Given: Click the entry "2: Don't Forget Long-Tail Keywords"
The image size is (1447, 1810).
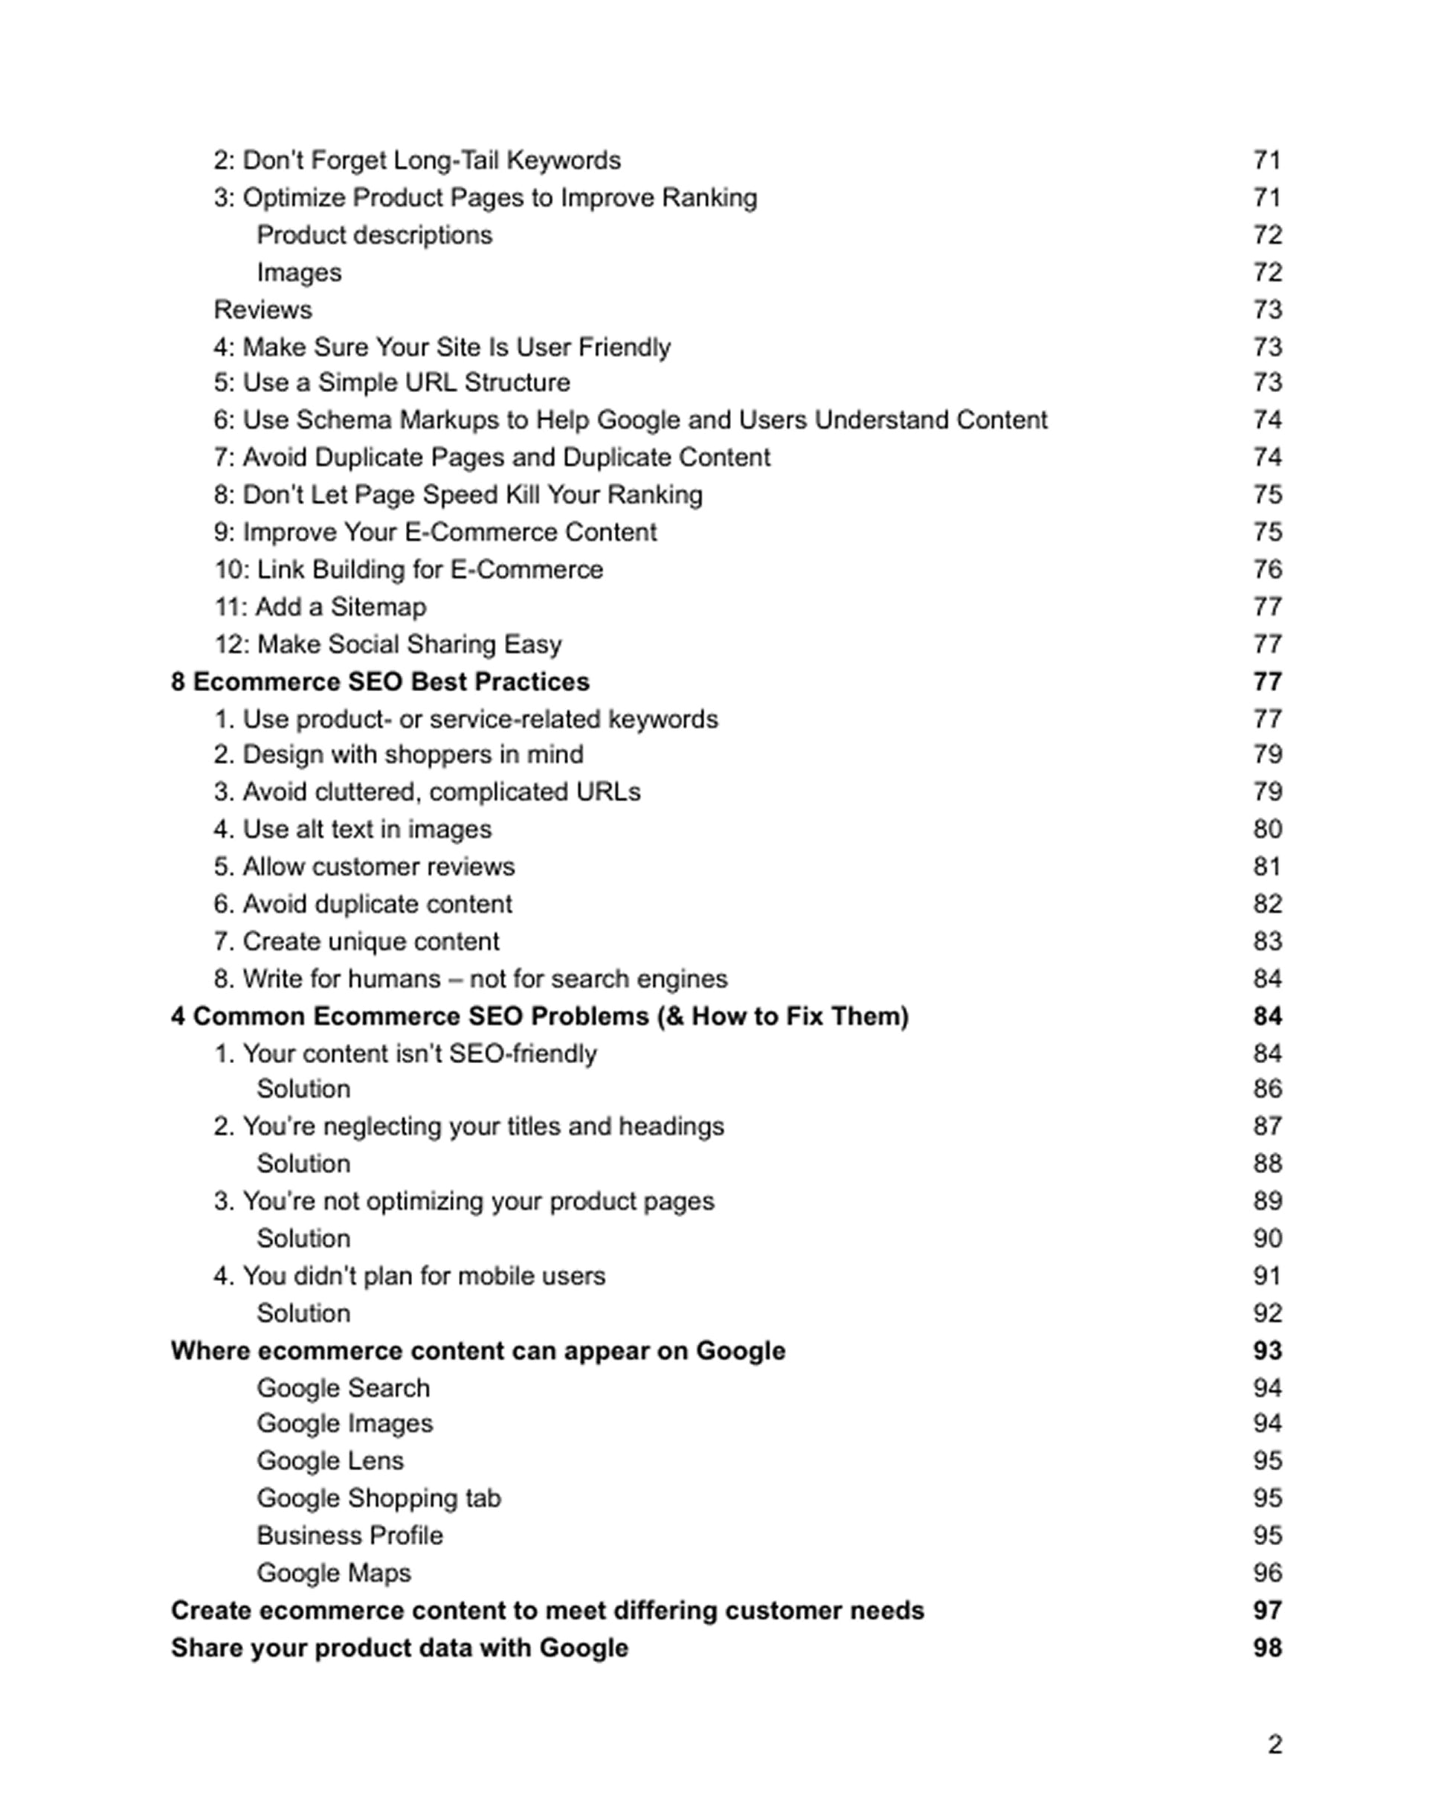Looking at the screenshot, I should tap(417, 161).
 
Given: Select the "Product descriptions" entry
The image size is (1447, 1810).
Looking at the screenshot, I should tap(374, 235).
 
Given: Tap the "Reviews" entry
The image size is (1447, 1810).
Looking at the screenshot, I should tap(262, 309).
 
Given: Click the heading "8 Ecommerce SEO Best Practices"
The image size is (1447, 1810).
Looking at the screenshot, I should tap(380, 681).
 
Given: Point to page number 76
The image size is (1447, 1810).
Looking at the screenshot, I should tap(1266, 569).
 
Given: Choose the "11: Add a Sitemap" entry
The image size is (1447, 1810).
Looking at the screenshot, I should tap(320, 607).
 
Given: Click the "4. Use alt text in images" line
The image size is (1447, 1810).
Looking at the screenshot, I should tap(352, 829).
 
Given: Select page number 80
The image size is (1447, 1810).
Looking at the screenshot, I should tap(1266, 829).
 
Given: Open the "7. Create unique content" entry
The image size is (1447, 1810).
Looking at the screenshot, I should tap(356, 941).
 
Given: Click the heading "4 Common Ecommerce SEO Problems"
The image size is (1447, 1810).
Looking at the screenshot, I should tap(540, 1017).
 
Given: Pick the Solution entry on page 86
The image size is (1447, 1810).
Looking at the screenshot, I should tap(303, 1089).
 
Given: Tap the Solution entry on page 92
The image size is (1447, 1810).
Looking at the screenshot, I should tap(303, 1313).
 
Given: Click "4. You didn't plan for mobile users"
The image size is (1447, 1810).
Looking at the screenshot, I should tap(409, 1276).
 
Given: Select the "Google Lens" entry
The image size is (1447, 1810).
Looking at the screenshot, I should tap(330, 1461).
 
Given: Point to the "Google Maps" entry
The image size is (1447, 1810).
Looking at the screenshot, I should tap(333, 1573).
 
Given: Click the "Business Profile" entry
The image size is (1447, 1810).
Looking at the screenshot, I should tap(349, 1535).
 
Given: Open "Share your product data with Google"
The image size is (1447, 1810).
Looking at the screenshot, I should tap(399, 1648).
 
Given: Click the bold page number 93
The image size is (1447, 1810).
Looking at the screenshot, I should tap(1266, 1351).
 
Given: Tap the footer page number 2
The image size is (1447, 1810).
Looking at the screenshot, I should tap(1274, 1745).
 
